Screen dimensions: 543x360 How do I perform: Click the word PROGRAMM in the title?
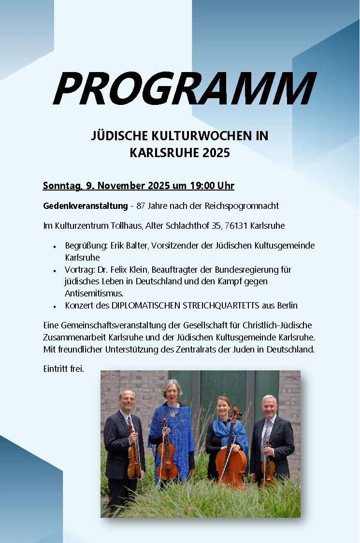click(x=184, y=88)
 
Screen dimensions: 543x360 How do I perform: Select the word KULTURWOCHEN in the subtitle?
click(x=198, y=136)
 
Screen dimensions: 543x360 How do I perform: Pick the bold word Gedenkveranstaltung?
click(x=85, y=205)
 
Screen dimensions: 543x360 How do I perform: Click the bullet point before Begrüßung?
click(x=55, y=247)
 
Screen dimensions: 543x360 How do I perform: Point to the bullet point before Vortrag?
click(x=55, y=270)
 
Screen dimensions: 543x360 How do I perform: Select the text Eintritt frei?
click(x=63, y=369)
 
